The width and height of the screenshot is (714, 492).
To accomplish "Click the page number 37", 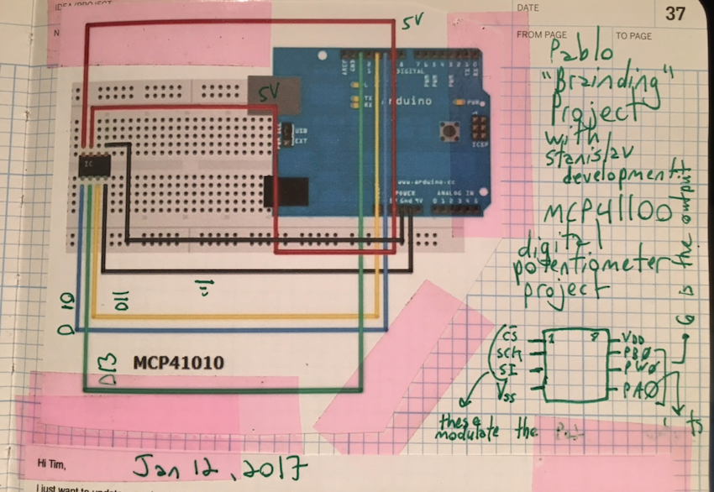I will tap(675, 14).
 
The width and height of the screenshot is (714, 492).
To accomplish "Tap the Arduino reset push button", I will tap(448, 132).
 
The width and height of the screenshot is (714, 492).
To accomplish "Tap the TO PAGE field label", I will tap(633, 36).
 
